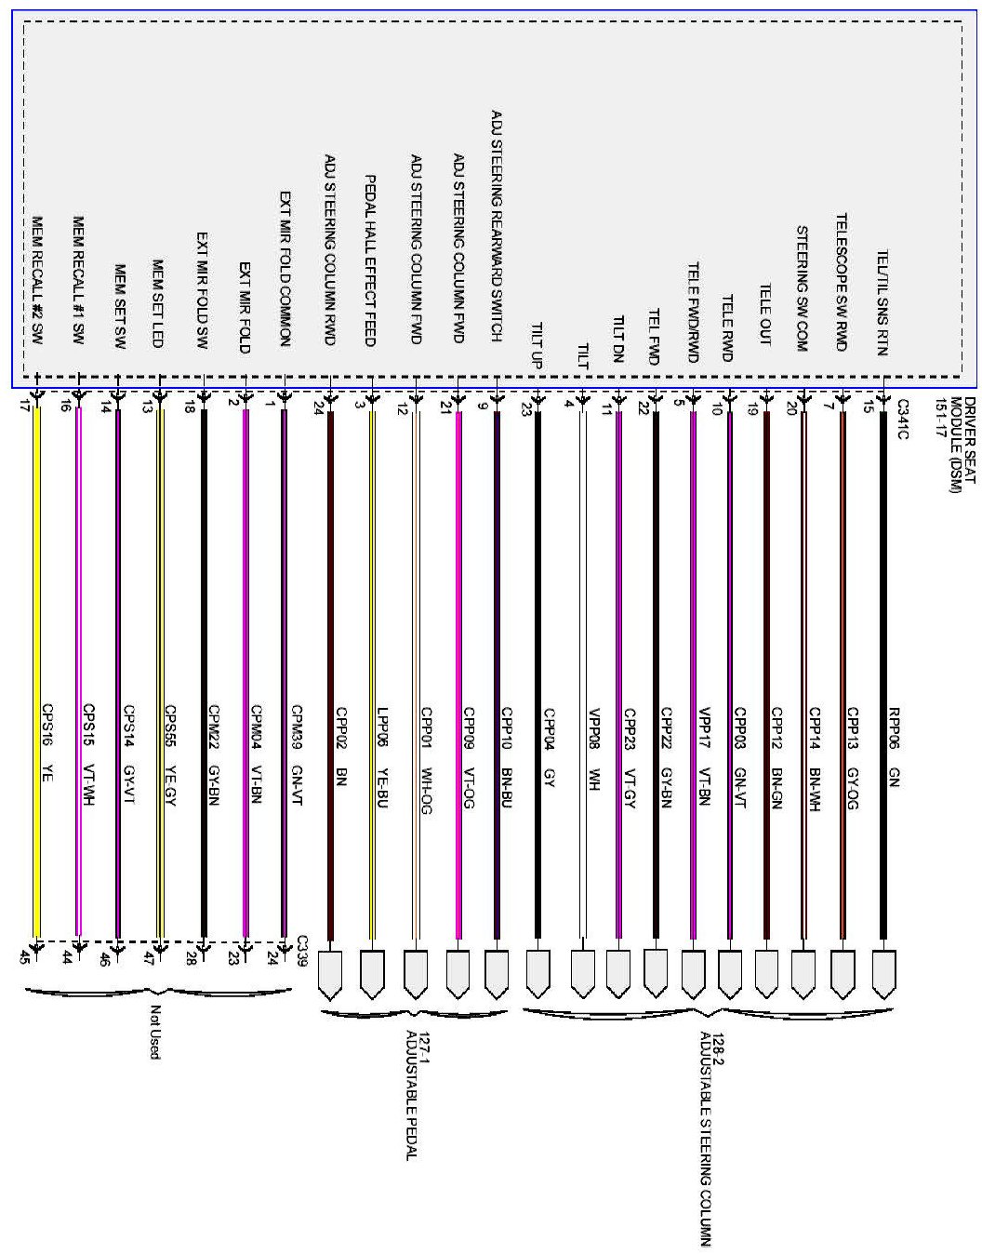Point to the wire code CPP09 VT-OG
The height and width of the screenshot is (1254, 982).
pyautogui.click(x=469, y=757)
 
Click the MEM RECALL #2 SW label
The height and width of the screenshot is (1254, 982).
pyautogui.click(x=37, y=281)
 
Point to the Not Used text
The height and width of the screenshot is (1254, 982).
pyautogui.click(x=155, y=1033)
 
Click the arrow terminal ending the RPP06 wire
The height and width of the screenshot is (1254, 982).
pyautogui.click(x=883, y=971)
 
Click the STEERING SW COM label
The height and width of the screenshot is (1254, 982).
pyautogui.click(x=802, y=288)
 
